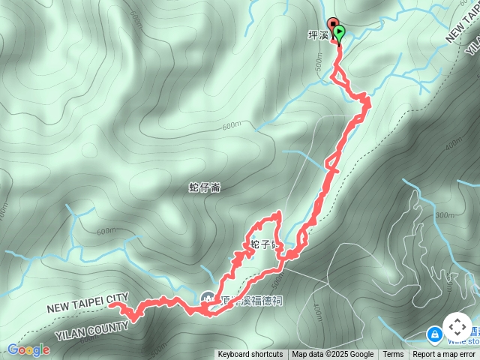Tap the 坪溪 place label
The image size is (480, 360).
pyautogui.click(x=318, y=34)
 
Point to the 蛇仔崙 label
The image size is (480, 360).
pyautogui.click(x=204, y=187)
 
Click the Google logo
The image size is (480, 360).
pyautogui.click(x=28, y=349)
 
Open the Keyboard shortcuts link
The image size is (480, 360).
pyautogui.click(x=250, y=355)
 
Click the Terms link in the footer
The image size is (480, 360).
pyautogui.click(x=393, y=355)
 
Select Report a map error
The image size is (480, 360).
pyautogui.click(x=444, y=355)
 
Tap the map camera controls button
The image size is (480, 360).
pyautogui.click(x=457, y=327)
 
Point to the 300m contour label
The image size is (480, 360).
pyautogui.click(x=444, y=215)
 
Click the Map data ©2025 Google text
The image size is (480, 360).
pyautogui.click(x=333, y=355)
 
